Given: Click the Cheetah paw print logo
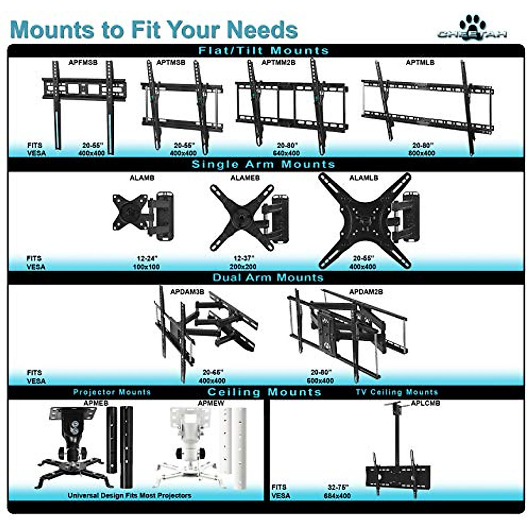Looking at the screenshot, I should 472,24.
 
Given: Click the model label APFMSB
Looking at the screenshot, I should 83,62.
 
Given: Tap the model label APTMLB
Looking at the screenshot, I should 420,62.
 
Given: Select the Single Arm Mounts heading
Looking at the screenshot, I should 263,164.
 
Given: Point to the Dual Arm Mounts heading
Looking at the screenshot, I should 268,277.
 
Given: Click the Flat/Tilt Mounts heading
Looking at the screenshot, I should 263,50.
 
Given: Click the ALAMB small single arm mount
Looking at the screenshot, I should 142,214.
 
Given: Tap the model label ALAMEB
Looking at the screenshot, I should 245,178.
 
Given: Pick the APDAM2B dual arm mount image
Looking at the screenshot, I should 347,334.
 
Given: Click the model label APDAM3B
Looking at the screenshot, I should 187,292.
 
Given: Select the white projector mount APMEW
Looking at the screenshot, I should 190,447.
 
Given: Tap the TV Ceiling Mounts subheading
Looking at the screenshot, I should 396,392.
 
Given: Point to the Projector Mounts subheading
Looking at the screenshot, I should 112,392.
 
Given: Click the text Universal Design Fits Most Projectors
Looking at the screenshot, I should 129,495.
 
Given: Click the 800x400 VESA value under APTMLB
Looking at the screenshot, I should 423,153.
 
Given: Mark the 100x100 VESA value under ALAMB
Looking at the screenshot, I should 146,267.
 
